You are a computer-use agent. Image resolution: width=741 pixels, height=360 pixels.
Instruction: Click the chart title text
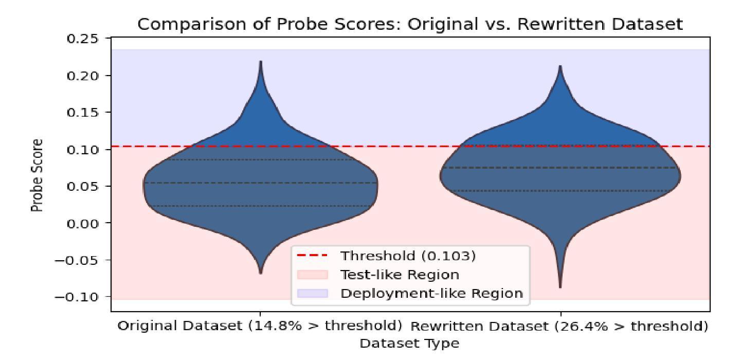pos(410,25)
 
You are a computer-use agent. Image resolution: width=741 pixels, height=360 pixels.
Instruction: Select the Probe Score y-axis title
pos(36,174)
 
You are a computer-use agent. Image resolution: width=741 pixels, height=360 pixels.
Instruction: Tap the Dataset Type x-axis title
pos(409,344)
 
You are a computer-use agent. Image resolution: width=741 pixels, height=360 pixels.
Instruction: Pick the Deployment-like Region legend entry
pos(431,293)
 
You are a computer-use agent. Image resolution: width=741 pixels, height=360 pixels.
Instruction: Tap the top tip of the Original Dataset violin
pos(261,62)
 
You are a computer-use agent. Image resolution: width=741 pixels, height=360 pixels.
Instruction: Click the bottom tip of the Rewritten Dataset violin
pos(560,287)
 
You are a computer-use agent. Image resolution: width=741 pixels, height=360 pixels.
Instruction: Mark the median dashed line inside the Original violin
pos(261,183)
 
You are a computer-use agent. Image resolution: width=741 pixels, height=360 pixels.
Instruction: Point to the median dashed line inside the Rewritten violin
pos(560,168)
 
